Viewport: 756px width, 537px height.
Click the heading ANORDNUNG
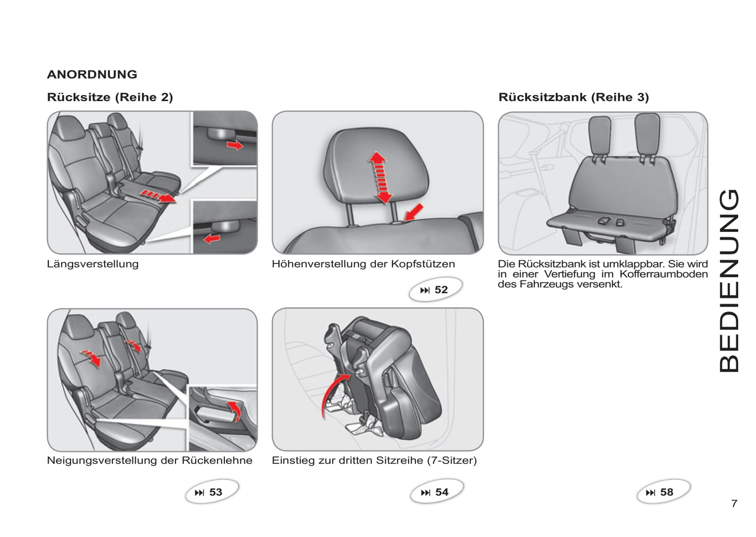click(x=92, y=74)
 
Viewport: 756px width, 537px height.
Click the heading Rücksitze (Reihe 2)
click(x=110, y=97)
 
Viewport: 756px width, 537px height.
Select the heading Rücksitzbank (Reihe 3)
click(x=573, y=97)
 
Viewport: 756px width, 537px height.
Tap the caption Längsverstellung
click(x=93, y=264)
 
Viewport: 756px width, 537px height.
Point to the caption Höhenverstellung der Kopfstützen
click(x=363, y=264)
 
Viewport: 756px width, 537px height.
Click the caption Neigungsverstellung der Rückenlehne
click(x=150, y=461)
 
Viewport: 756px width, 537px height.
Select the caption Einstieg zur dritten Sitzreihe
click(x=374, y=461)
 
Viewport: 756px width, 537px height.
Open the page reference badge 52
click(x=435, y=289)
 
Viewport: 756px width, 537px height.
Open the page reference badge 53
click(x=211, y=492)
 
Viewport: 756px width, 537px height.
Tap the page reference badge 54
click(x=436, y=492)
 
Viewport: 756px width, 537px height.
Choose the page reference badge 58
click(x=662, y=492)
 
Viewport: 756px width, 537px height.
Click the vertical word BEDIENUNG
click(x=729, y=281)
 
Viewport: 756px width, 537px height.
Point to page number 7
click(x=734, y=504)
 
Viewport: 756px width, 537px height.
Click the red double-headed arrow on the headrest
click(x=380, y=177)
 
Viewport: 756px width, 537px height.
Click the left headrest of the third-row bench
click(x=600, y=136)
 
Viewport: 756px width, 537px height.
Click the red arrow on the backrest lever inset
click(x=235, y=409)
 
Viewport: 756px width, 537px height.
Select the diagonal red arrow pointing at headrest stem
click(x=413, y=212)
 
